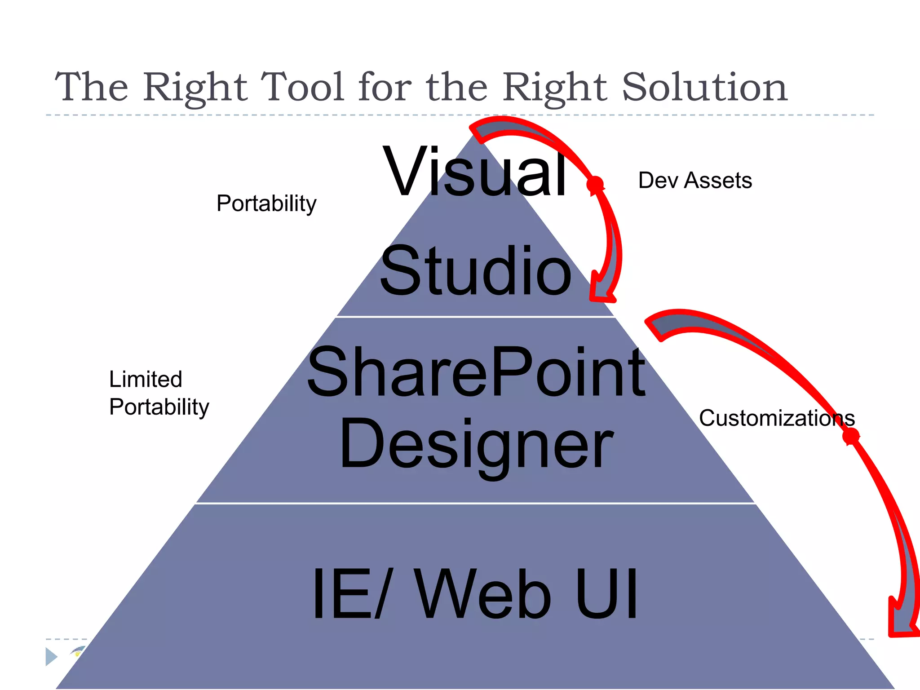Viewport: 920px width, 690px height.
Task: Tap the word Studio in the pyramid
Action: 475,271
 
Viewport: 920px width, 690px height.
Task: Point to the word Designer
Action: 476,445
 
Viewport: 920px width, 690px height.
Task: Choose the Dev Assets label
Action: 694,181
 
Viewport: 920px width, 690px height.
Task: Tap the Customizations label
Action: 776,418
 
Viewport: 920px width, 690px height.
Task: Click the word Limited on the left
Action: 146,379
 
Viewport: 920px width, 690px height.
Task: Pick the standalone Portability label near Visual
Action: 266,203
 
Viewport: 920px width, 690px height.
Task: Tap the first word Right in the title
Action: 195,88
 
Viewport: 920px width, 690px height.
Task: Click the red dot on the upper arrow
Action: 595,184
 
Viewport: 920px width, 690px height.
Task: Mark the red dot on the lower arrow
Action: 850,436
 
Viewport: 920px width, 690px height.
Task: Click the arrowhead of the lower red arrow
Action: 902,624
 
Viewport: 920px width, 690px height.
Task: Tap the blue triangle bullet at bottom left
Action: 51,657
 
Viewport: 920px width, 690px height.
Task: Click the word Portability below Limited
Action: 159,407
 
